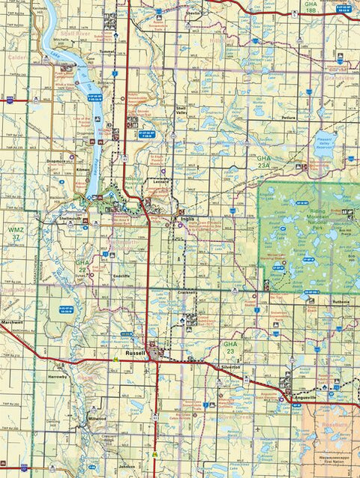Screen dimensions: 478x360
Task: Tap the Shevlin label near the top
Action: coord(193,13)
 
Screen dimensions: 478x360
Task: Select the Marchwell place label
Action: coord(12,322)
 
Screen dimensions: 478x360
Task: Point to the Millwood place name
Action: coord(97,418)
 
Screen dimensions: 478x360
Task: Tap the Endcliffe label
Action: coord(121,276)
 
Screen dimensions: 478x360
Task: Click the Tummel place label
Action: coord(106,52)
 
